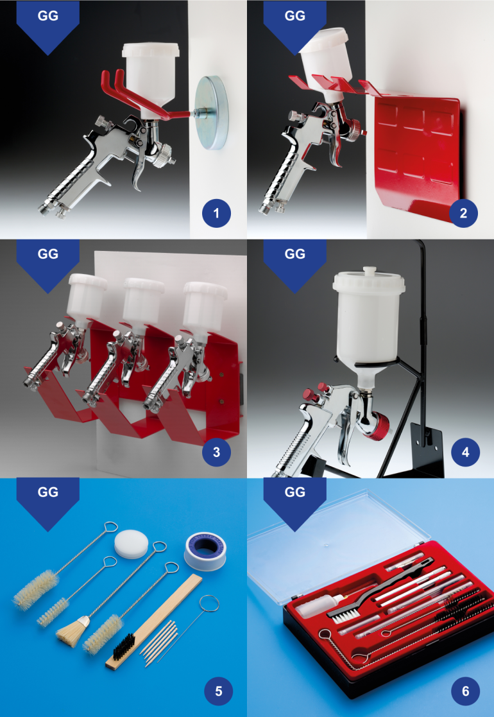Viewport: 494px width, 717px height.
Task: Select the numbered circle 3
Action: point(216,452)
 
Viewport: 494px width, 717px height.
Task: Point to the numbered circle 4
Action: point(463,452)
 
